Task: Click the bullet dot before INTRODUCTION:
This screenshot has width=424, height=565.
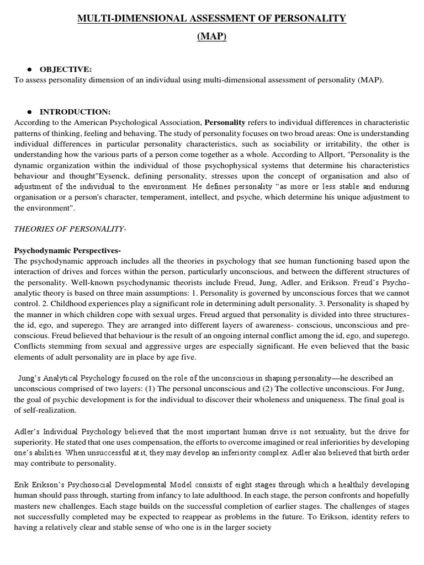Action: coord(29,112)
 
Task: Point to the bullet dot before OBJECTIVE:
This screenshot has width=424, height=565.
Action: coord(29,70)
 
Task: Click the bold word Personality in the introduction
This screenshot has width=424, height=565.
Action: coord(225,122)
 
